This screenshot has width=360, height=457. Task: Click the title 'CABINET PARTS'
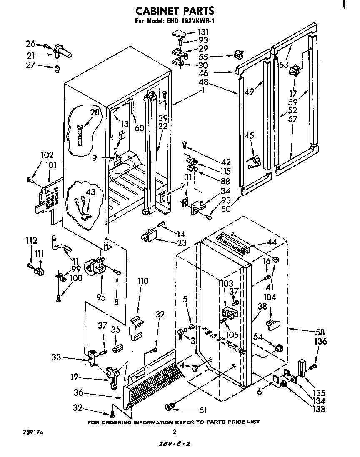click(176, 10)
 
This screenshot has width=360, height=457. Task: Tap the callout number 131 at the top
click(203, 32)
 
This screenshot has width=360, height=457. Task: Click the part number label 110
click(142, 281)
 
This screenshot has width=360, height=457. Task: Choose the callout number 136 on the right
click(321, 342)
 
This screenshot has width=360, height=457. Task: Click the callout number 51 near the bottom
click(203, 410)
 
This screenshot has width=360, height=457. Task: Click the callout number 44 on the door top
click(272, 242)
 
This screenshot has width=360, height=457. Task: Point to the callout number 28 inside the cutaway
click(95, 112)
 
